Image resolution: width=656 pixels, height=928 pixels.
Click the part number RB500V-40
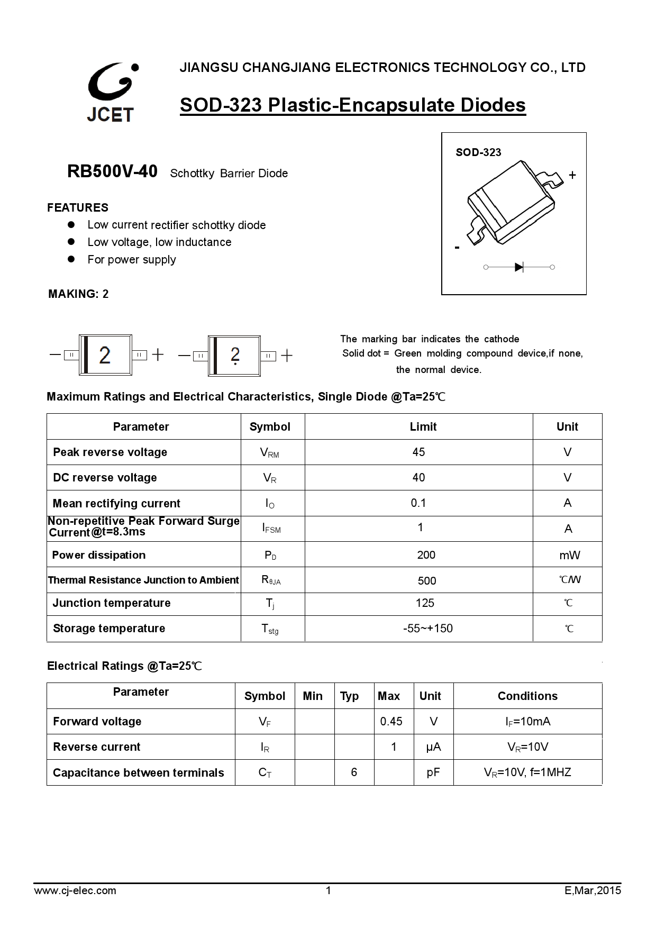[112, 171]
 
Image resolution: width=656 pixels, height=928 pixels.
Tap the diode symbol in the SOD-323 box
[518, 267]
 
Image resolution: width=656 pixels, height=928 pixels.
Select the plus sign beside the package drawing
[572, 175]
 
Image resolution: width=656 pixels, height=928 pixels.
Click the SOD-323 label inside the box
[478, 152]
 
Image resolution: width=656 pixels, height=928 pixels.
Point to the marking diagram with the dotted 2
[234, 356]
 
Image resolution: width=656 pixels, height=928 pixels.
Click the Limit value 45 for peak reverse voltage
[418, 452]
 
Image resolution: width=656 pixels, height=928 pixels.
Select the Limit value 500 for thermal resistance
[426, 581]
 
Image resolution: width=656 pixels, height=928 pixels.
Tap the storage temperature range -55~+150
[427, 629]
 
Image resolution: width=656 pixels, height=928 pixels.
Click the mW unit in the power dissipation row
[569, 555]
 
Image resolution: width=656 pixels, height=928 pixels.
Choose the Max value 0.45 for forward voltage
[391, 721]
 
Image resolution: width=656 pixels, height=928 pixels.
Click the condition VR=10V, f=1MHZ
[527, 772]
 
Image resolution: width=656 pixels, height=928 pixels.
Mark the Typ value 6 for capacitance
[354, 772]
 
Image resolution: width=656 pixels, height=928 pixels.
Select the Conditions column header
[527, 696]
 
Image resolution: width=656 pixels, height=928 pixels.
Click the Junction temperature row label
[112, 603]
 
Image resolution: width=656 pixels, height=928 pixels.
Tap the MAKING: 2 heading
[78, 294]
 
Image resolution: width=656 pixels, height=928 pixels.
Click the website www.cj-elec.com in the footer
[75, 890]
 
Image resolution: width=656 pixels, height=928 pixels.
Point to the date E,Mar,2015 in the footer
[593, 890]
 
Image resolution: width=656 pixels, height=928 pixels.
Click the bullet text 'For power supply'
[132, 260]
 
